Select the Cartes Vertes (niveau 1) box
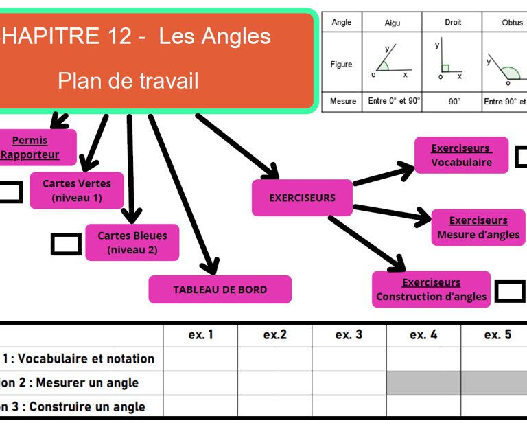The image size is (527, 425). click(x=77, y=190)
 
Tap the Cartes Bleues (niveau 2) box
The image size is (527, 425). click(x=132, y=242)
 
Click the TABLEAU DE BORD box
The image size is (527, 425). click(x=220, y=289)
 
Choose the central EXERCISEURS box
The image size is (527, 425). click(x=302, y=198)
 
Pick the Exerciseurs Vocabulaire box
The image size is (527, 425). click(x=461, y=155)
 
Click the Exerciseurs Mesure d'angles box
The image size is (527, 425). click(x=478, y=227)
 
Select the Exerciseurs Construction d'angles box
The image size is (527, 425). click(x=431, y=289)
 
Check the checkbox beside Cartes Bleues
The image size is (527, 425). click(x=66, y=244)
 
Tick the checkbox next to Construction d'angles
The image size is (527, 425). click(x=510, y=290)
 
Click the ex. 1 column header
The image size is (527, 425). click(x=200, y=335)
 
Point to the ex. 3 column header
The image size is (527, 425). click(x=349, y=335)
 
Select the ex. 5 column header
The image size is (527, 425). click(x=497, y=335)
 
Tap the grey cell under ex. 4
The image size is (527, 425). click(x=423, y=382)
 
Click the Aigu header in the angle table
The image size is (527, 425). click(x=393, y=23)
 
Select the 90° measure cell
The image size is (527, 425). click(x=454, y=101)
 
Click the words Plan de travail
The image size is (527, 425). click(x=128, y=81)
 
